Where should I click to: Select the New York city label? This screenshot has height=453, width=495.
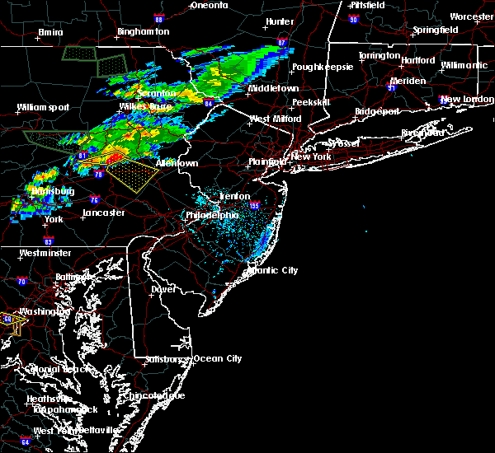pyautogui.click(x=311, y=156)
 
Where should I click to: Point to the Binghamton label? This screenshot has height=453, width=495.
pyautogui.click(x=143, y=31)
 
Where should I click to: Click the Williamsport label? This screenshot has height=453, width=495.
pyautogui.click(x=44, y=107)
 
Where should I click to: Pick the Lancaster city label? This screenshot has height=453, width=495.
pyautogui.click(x=103, y=212)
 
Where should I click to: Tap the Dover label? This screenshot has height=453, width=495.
pyautogui.click(x=163, y=289)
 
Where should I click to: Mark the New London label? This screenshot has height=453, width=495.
pyautogui.click(x=461, y=100)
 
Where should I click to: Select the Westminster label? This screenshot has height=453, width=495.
pyautogui.click(x=46, y=253)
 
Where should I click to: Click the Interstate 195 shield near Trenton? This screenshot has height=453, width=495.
pyautogui.click(x=255, y=205)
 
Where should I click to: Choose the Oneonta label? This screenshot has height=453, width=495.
pyautogui.click(x=209, y=5)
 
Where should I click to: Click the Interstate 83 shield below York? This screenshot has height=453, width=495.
pyautogui.click(x=49, y=241)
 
